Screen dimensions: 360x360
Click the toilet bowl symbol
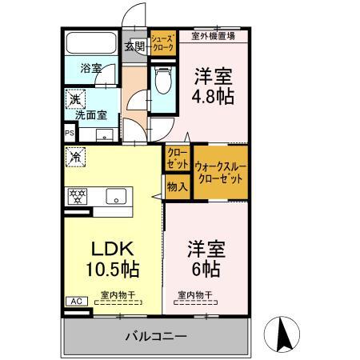tap(163, 81)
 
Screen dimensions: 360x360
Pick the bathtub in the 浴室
tap(90, 44)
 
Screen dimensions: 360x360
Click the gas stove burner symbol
tap(78, 196)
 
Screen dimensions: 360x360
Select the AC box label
tap(76, 302)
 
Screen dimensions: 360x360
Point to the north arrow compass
tap(285, 330)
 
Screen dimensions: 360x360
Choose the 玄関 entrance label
tap(134, 46)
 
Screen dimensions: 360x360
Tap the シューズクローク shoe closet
tap(163, 42)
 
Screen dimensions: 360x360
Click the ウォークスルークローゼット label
tap(219, 171)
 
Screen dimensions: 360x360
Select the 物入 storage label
tap(177, 187)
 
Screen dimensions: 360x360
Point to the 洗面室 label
tap(90, 115)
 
